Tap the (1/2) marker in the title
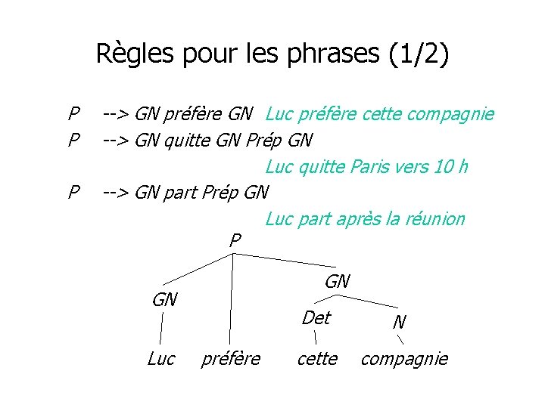[417, 54]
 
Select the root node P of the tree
[235, 241]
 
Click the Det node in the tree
[316, 318]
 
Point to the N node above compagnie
[400, 322]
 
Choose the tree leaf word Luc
[161, 359]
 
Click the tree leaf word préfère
[231, 359]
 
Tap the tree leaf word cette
[317, 359]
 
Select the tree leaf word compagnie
[404, 359]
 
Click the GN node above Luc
[164, 300]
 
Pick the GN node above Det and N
[337, 282]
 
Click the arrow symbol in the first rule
[116, 114]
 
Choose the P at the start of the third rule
[73, 192]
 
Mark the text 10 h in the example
[450, 166]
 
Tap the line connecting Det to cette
[315, 338]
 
